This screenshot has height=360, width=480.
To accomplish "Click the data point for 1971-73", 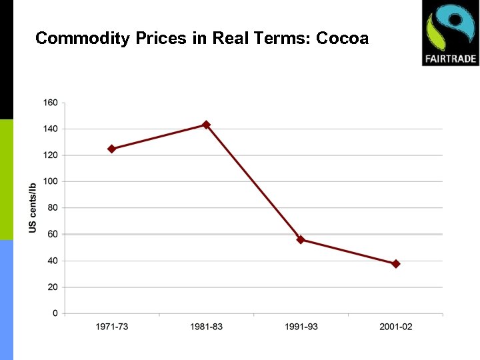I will point(111,149).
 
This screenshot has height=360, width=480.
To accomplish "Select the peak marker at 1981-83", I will point(206,125).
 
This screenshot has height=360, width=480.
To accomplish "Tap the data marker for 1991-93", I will point(301,239).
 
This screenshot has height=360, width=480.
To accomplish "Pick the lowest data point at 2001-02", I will point(395,264).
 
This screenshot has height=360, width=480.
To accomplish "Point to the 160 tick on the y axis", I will point(51,103).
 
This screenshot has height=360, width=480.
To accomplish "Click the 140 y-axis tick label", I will point(51,129).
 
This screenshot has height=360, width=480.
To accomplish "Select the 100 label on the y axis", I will point(51,181).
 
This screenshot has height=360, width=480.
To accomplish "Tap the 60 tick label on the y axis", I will point(53,234).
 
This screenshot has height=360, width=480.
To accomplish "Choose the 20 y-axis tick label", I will point(53,287).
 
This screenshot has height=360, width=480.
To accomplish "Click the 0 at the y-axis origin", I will point(55,313).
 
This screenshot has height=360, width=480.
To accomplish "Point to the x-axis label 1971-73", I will point(111,327).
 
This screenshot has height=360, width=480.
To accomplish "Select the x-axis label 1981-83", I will point(206,327).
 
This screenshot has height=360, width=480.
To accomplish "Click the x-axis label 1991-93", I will point(301,327).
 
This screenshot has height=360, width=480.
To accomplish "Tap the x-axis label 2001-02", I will point(395,327).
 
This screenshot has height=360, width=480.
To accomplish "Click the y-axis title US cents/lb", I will point(33,207).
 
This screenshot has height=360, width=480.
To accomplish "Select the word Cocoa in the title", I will point(342,38).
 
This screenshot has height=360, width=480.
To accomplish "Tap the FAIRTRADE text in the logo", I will point(450,59).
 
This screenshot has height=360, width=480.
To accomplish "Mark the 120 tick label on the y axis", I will point(51,155).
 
